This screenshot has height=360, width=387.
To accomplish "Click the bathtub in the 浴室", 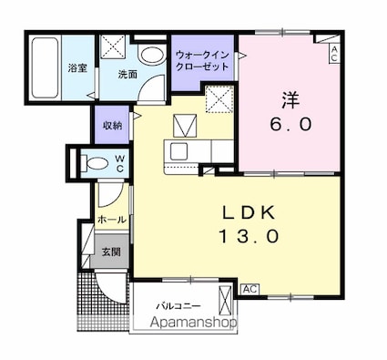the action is tap(45, 67).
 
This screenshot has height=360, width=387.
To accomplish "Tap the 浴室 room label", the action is tap(77, 68).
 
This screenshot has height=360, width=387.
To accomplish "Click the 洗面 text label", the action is tap(127, 75).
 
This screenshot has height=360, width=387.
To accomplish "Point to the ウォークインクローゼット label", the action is tap(202, 61).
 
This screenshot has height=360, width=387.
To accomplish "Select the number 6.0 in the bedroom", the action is tap(291, 124).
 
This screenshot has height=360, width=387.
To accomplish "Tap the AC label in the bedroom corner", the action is tap(334, 54).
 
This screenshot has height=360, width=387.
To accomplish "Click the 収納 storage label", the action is tap(112, 125).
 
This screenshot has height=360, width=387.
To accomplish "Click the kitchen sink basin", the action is tap(178, 151).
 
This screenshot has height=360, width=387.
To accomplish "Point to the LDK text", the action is tap(250, 212).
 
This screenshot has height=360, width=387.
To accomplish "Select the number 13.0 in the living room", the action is tap(249, 236).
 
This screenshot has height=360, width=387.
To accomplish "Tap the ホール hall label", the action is tap(112, 220).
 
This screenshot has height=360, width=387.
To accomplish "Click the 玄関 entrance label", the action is tap(111, 252).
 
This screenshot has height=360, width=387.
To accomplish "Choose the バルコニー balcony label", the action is tap(178, 305).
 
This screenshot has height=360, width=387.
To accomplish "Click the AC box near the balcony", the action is tap(250, 289).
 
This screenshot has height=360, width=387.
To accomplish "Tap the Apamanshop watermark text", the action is tap(194, 322).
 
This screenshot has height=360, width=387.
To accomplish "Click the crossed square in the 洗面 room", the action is tap(113, 46).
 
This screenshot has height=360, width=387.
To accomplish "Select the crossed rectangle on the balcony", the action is tap(225, 301).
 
